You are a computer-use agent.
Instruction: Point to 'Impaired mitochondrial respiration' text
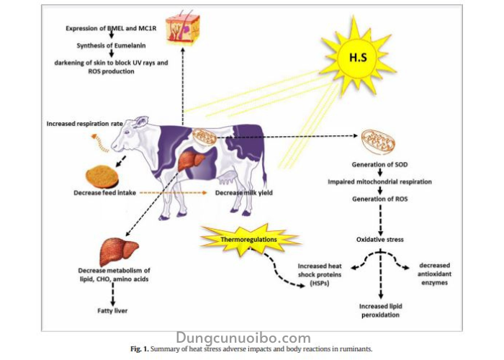click(x=379, y=182)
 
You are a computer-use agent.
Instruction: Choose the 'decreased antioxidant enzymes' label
click(x=438, y=274)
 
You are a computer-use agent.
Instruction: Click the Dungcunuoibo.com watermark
click(x=243, y=338)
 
